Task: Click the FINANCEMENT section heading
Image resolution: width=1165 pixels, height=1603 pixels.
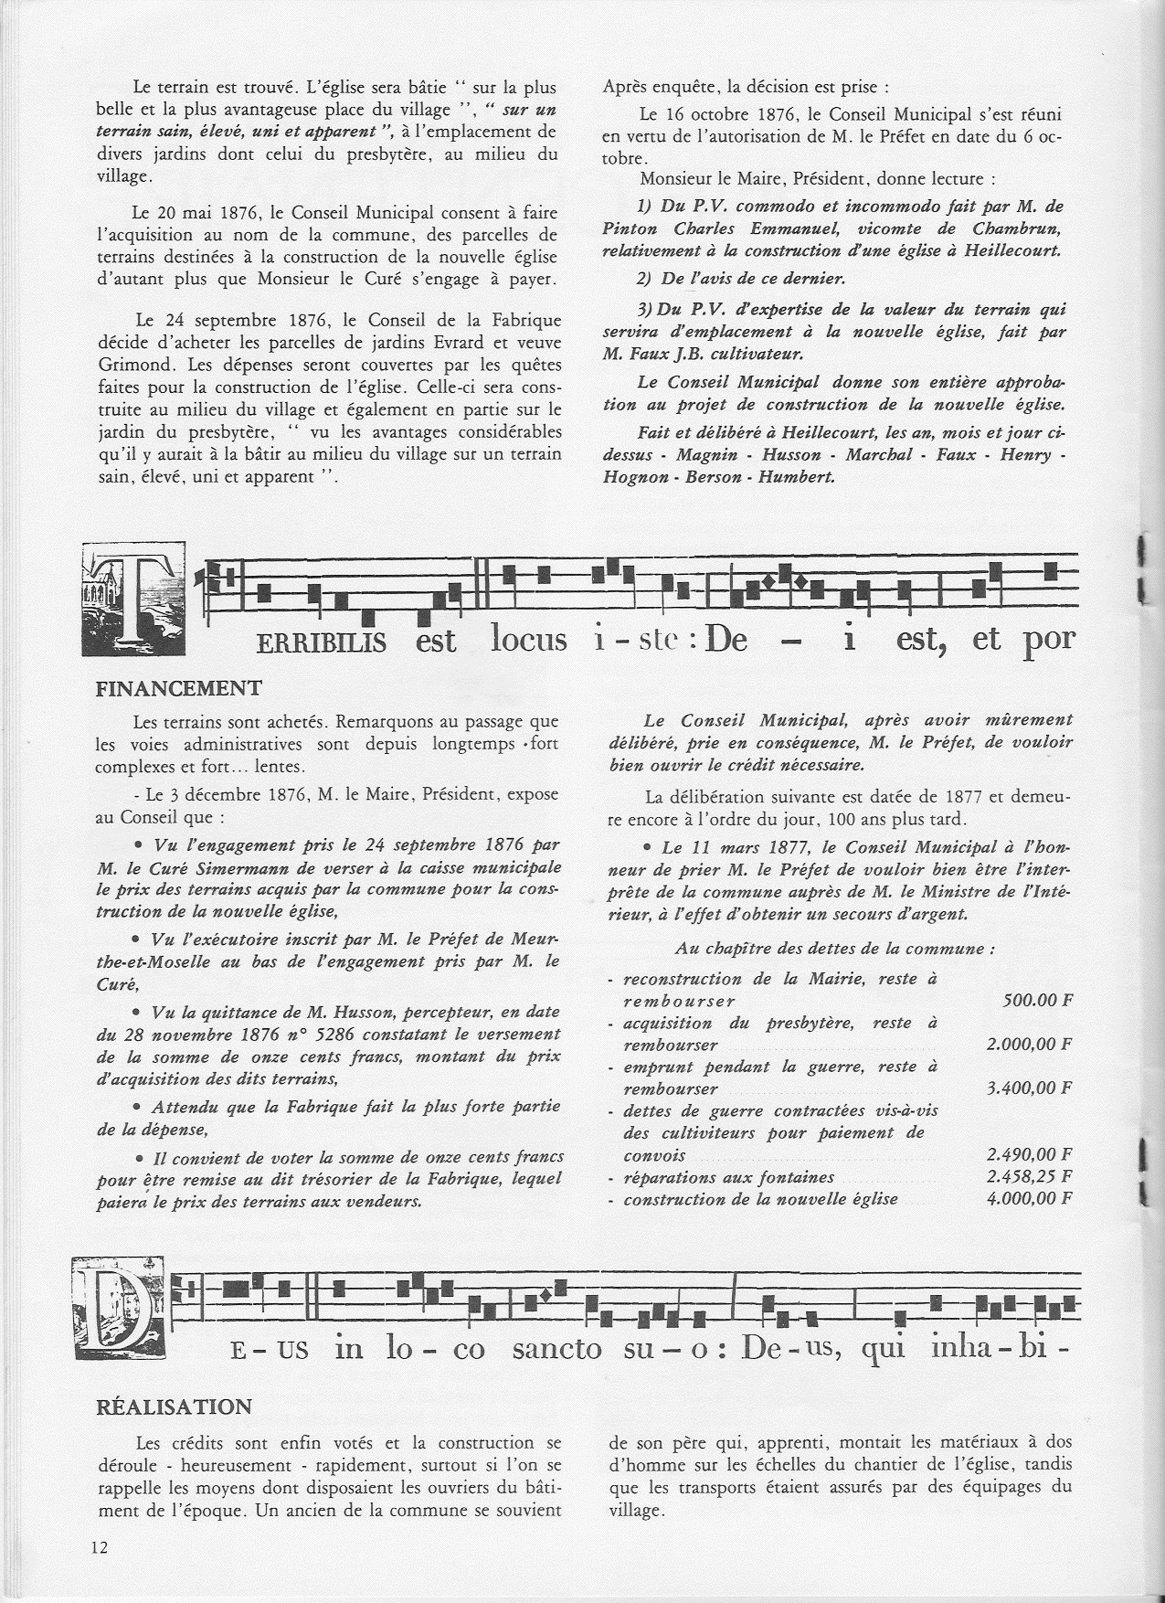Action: click(x=179, y=688)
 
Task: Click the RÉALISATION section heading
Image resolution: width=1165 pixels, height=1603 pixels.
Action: click(x=174, y=1406)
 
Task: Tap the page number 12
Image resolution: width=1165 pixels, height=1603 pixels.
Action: click(x=100, y=1546)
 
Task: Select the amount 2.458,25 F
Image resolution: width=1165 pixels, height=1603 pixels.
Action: click(x=1029, y=1176)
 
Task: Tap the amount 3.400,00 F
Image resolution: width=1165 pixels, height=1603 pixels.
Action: click(x=1029, y=1088)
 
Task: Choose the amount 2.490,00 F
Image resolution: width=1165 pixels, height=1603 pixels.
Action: click(x=1029, y=1155)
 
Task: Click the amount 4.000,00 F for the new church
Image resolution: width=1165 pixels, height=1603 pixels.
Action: click(x=1029, y=1198)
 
